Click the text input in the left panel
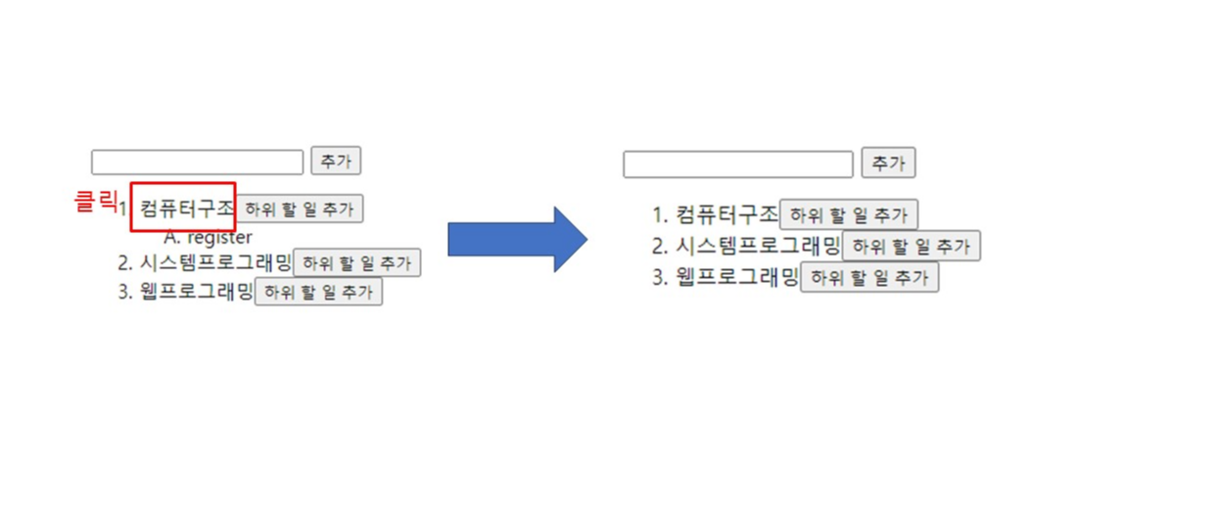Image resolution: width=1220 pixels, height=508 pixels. click(x=197, y=162)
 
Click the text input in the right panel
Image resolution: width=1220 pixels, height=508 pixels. click(x=738, y=164)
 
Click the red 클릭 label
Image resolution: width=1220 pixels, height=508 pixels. click(x=95, y=202)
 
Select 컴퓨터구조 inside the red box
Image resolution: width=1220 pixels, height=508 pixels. click(x=187, y=208)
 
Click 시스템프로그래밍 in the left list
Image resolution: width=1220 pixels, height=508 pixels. click(x=216, y=262)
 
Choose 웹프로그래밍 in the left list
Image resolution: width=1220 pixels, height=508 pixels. click(x=197, y=291)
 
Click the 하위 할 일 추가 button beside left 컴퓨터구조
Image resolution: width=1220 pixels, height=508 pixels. click(x=301, y=209)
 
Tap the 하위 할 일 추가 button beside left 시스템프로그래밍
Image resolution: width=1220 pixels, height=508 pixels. click(x=357, y=263)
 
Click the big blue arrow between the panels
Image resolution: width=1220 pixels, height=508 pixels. click(x=516, y=239)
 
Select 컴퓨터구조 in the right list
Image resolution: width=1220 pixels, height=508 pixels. click(x=727, y=214)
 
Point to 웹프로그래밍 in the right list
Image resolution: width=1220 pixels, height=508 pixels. click(x=738, y=277)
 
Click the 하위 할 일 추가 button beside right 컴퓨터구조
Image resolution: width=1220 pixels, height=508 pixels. click(x=849, y=215)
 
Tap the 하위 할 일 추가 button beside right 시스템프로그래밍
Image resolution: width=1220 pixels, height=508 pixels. click(x=912, y=247)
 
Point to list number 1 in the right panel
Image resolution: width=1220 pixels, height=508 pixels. click(x=660, y=214)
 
